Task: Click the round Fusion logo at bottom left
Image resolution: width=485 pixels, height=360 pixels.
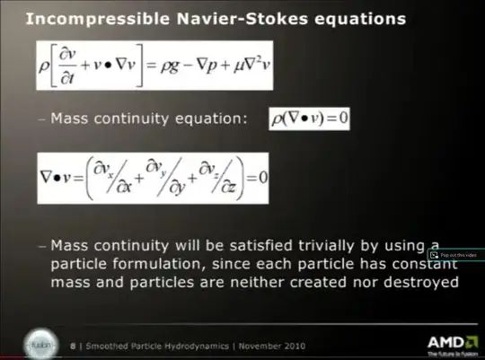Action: pyautogui.click(x=37, y=345)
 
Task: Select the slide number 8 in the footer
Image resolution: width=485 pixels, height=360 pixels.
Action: pyautogui.click(x=73, y=346)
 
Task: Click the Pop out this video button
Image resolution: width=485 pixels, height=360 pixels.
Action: pyautogui.click(x=453, y=255)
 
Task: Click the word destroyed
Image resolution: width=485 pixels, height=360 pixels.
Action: pyautogui.click(x=423, y=282)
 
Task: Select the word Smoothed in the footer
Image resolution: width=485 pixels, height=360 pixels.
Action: pyautogui.click(x=102, y=346)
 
